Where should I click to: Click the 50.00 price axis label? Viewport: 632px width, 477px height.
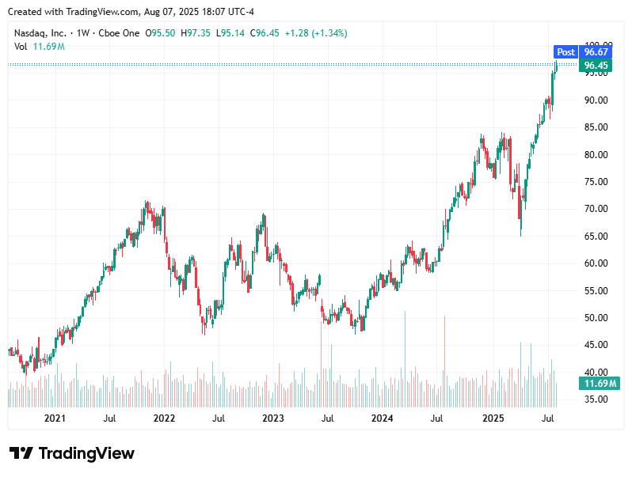point(595,318)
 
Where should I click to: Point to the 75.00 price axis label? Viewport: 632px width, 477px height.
point(595,182)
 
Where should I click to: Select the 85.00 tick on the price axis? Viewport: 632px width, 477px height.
point(595,127)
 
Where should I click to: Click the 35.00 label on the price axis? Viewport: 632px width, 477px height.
point(595,399)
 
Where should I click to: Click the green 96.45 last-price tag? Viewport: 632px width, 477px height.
point(595,65)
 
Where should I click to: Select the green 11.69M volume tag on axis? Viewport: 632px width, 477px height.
point(600,384)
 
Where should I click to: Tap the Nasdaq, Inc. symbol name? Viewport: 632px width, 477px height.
point(40,33)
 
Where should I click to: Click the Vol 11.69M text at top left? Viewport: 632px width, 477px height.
point(40,47)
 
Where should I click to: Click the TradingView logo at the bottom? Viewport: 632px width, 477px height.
point(72,453)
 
